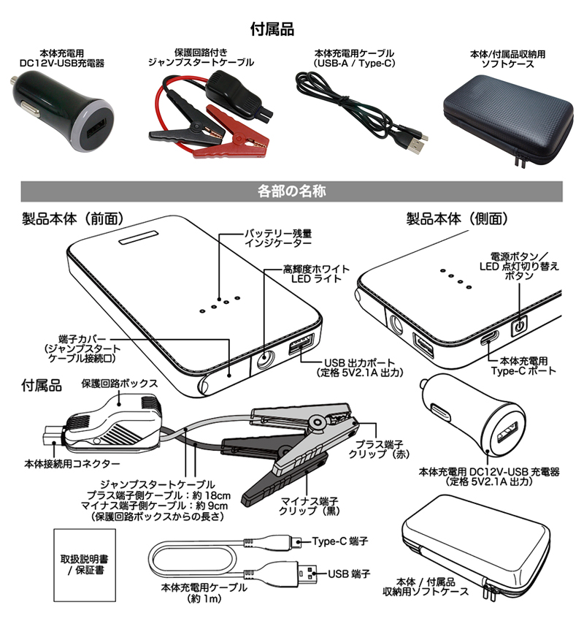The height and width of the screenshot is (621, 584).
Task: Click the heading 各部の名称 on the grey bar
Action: [292, 191]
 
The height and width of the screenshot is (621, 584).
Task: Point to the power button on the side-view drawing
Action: [520, 327]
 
